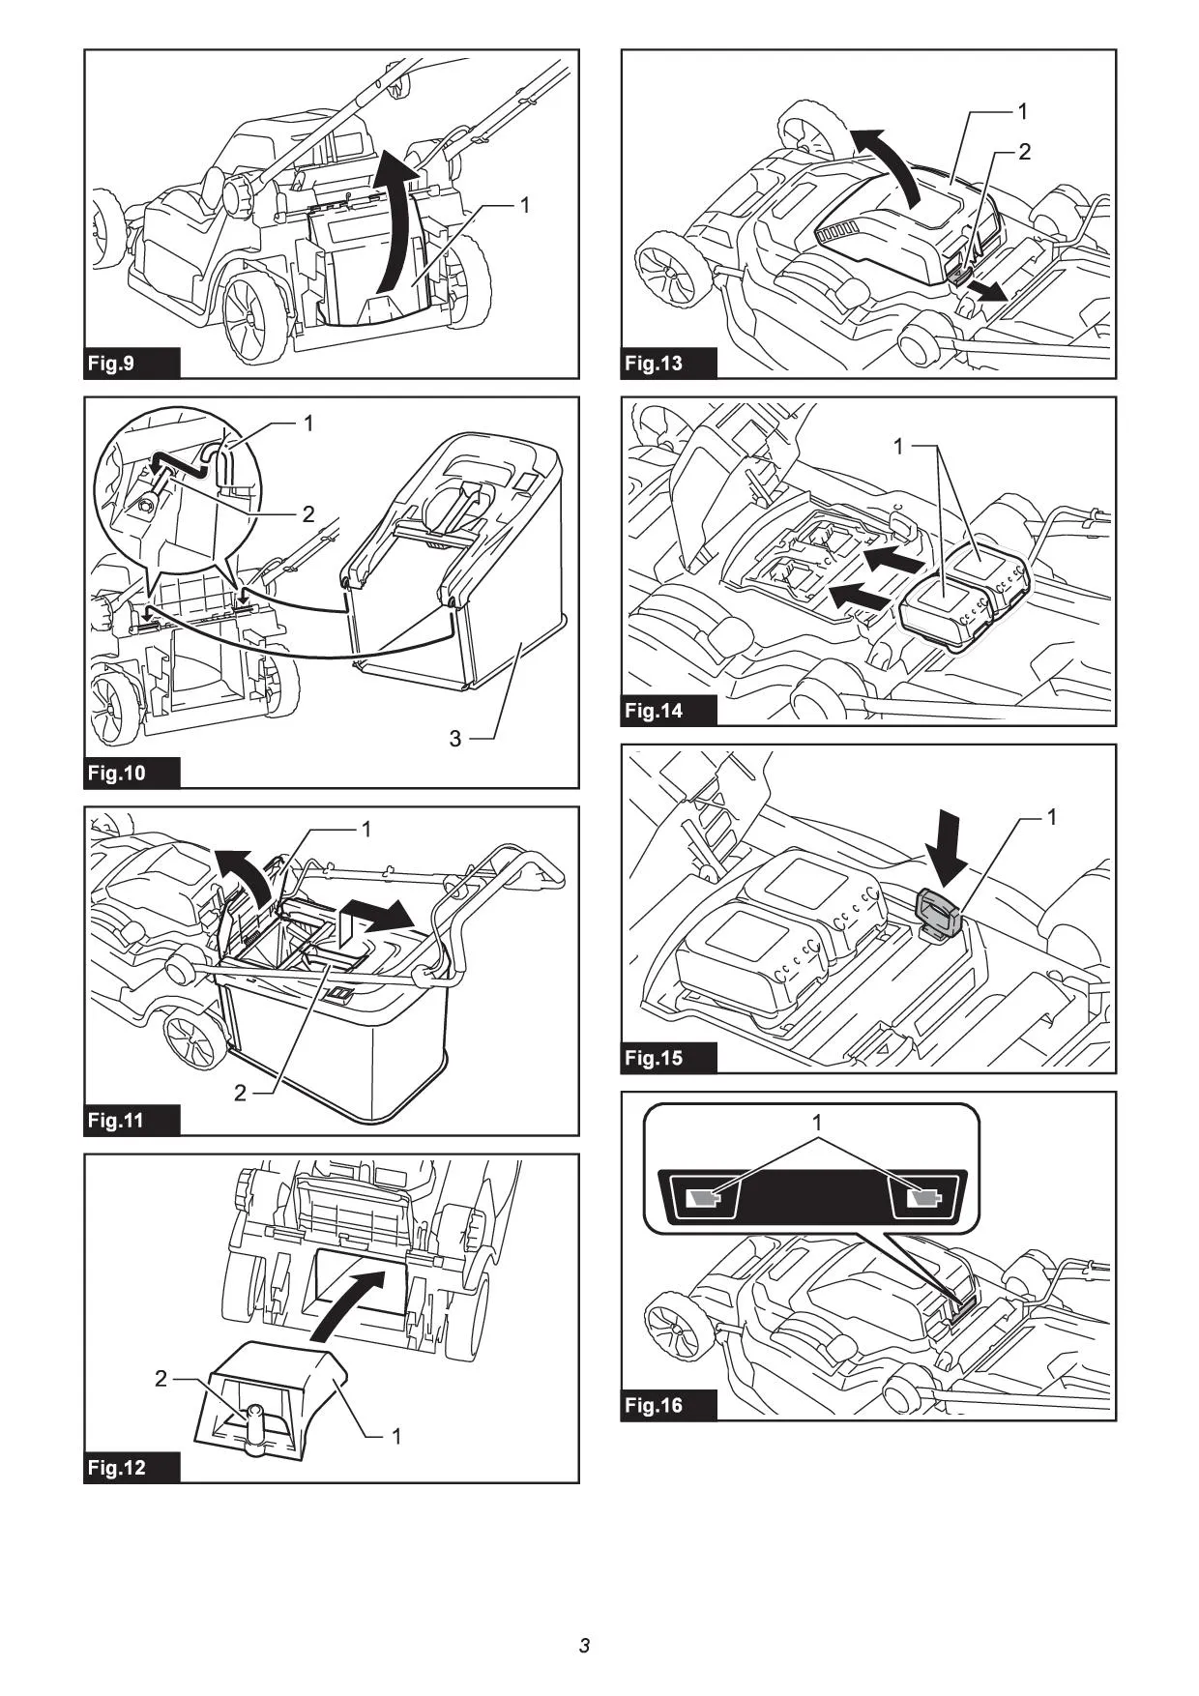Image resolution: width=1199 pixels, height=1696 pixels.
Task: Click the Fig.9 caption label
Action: pyautogui.click(x=110, y=364)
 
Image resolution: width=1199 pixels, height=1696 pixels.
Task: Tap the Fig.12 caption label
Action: pyautogui.click(x=116, y=1468)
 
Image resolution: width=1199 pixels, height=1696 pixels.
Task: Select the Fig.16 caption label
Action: pyautogui.click(x=654, y=1405)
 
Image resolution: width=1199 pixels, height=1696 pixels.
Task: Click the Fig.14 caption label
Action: pyautogui.click(x=654, y=711)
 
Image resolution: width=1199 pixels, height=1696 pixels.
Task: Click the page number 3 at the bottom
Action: pyautogui.click(x=584, y=1646)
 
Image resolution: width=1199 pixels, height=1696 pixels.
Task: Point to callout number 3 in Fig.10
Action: pyautogui.click(x=454, y=739)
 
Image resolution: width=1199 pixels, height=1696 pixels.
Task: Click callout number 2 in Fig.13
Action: pyautogui.click(x=1025, y=152)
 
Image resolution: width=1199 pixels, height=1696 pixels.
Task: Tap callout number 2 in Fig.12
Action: pyautogui.click(x=161, y=1379)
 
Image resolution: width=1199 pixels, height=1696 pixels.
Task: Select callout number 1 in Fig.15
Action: pyautogui.click(x=1052, y=818)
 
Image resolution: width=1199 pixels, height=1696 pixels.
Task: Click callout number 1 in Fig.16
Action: pyautogui.click(x=817, y=1124)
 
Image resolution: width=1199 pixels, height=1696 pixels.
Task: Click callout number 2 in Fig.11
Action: pyautogui.click(x=240, y=1094)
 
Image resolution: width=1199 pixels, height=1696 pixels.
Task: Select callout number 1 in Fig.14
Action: pyautogui.click(x=898, y=447)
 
